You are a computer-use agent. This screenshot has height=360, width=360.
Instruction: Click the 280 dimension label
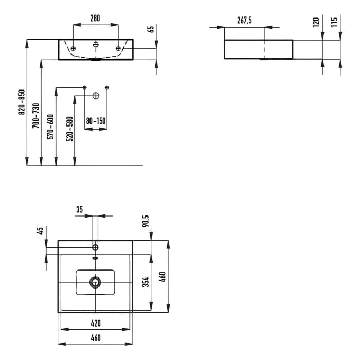click(95, 18)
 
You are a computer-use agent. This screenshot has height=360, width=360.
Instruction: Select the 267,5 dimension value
click(244, 20)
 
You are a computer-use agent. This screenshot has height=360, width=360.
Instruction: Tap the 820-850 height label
click(22, 102)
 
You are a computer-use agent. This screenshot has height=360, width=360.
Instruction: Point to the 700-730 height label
click(35, 116)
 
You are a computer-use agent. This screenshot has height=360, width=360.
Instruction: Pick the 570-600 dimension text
click(50, 127)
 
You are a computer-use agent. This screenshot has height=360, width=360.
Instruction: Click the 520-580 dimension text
click(69, 129)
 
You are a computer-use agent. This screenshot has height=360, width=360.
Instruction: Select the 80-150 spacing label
click(96, 121)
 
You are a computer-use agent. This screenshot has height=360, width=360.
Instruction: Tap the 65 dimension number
click(151, 29)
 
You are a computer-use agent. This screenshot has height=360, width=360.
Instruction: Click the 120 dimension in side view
click(316, 22)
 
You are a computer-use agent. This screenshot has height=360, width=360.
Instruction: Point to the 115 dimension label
click(334, 22)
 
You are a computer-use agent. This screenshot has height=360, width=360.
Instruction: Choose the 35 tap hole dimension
click(79, 209)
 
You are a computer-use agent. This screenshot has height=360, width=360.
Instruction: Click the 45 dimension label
click(40, 231)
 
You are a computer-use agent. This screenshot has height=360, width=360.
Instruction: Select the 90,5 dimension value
click(146, 221)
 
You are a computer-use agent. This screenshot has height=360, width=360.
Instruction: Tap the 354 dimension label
click(146, 282)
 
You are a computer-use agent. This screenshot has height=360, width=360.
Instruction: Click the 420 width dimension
click(96, 323)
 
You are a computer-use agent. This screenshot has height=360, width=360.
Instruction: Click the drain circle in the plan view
click(95, 282)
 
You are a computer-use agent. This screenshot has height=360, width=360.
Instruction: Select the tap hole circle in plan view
click(95, 247)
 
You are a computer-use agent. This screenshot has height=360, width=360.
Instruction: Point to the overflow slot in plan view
click(95, 258)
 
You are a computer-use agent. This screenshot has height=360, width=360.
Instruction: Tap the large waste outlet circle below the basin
click(96, 96)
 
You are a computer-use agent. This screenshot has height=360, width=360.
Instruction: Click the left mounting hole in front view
click(73, 48)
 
